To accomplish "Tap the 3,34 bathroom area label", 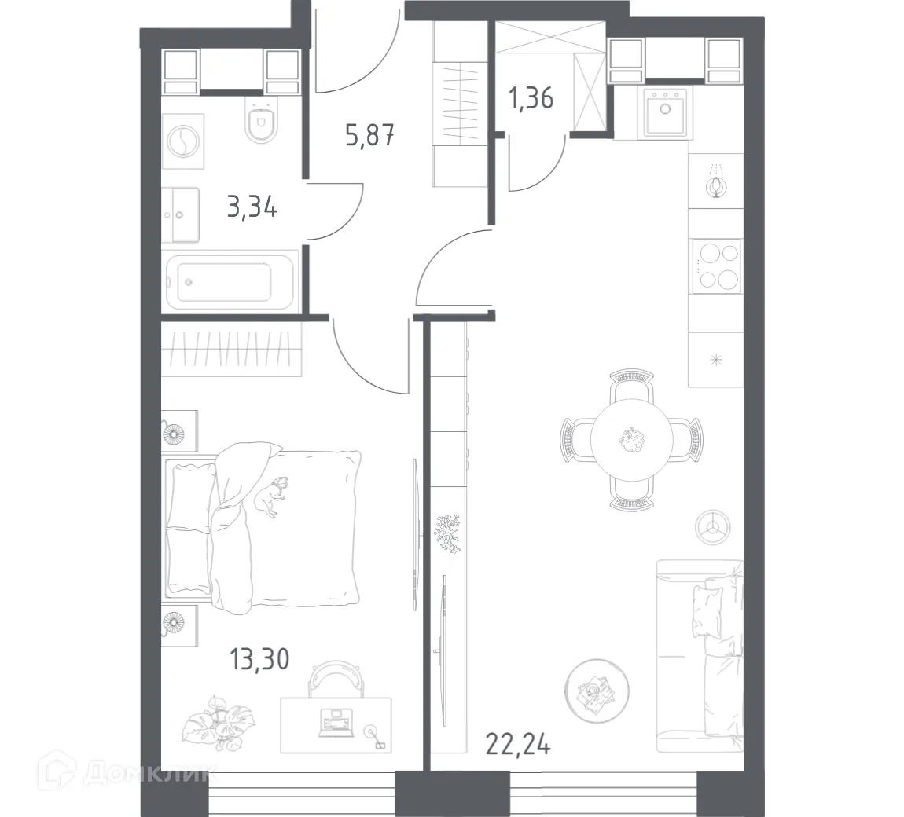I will [x=252, y=209].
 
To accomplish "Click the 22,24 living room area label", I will [x=518, y=742].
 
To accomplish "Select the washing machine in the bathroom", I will [x=181, y=141].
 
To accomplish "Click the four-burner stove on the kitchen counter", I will [x=716, y=266].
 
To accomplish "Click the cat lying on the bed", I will [x=269, y=497].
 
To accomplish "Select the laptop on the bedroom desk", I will [x=336, y=722].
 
